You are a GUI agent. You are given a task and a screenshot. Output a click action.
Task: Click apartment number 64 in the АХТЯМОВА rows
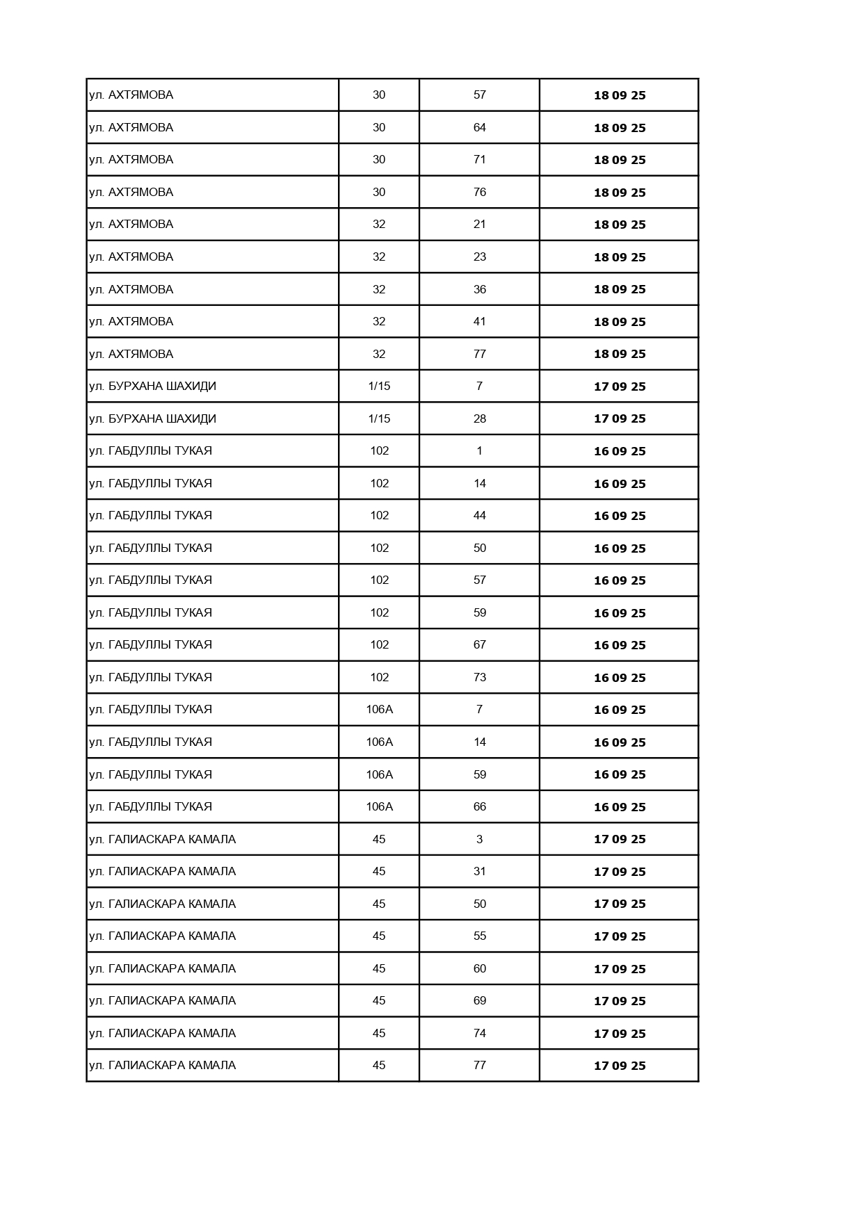[x=479, y=128]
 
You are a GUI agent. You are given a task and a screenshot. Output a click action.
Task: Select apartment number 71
[x=479, y=160]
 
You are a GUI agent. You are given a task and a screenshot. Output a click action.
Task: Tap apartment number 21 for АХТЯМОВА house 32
[x=479, y=225]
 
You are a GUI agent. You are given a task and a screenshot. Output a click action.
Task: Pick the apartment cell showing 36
[x=479, y=289]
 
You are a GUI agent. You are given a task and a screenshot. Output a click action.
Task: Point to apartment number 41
[x=479, y=322]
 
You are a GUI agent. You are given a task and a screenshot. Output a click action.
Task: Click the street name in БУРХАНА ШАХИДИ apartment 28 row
[x=152, y=418]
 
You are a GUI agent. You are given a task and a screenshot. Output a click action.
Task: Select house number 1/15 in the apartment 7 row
[x=379, y=387]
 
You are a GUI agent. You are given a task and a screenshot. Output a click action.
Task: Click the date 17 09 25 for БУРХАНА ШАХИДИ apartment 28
[x=619, y=418]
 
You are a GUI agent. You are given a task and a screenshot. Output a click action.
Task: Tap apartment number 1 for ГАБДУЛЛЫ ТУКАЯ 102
[x=479, y=451]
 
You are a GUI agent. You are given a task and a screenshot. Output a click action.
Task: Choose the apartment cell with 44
[x=479, y=516]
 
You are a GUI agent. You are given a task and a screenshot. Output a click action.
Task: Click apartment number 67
[x=479, y=645]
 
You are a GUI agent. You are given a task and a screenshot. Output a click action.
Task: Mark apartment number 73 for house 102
[x=479, y=678]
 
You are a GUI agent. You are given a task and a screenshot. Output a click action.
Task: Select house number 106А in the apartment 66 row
[x=379, y=807]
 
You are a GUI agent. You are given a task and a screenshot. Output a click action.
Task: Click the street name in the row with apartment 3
[x=162, y=839]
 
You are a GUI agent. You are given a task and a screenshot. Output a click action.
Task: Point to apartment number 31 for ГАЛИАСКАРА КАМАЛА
[x=479, y=872]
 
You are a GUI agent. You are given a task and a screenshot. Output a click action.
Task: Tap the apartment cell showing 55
[x=479, y=936]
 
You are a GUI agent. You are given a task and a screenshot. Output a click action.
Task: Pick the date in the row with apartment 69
[x=619, y=1001]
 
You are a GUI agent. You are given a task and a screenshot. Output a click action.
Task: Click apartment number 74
[x=479, y=1034]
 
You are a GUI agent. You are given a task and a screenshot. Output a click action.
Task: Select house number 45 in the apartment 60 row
[x=379, y=968]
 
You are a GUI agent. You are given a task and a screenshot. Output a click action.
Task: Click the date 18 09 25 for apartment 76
[x=619, y=193]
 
